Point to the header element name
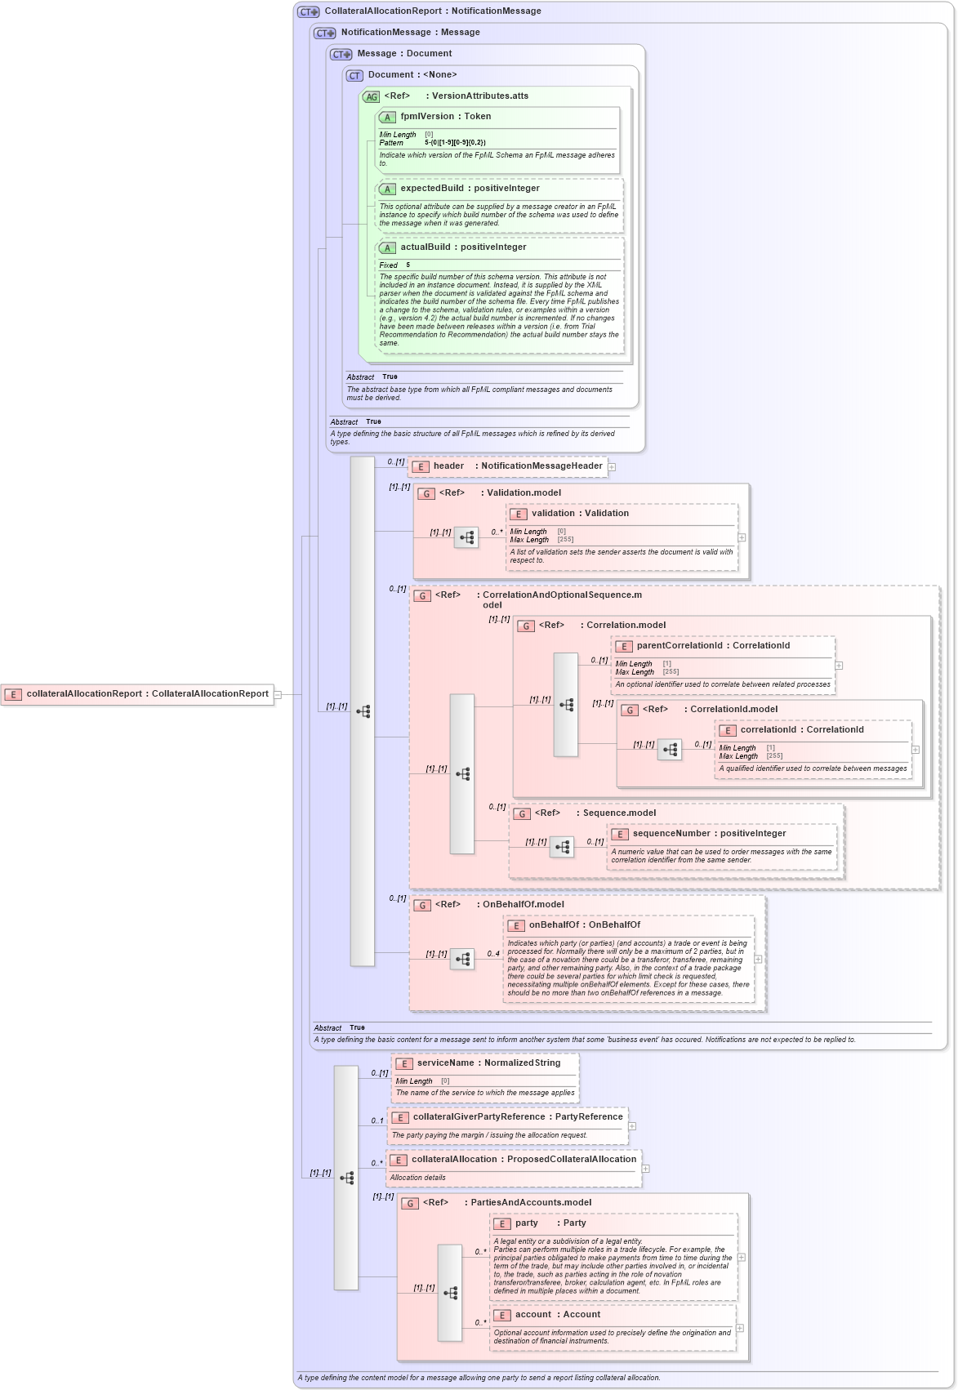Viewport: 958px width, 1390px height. click(448, 466)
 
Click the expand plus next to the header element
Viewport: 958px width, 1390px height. click(612, 467)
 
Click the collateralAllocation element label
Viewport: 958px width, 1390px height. click(454, 1160)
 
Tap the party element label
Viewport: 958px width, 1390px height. click(526, 1223)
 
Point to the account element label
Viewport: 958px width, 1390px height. click(532, 1315)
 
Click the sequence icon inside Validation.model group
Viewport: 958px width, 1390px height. click(466, 537)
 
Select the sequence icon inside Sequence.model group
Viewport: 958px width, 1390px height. click(562, 847)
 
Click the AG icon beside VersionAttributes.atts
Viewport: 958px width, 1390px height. click(372, 96)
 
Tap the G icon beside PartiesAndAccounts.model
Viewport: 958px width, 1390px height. click(411, 1203)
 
